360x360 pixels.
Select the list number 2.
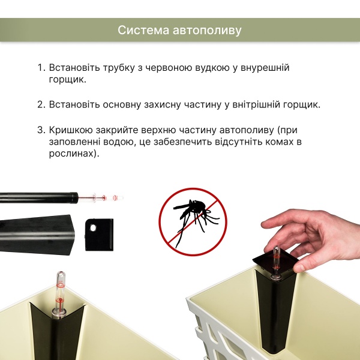click(x=41, y=104)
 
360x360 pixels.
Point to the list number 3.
click(x=41, y=130)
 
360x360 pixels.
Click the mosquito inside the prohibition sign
click(x=193, y=215)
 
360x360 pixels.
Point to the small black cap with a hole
click(x=99, y=233)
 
